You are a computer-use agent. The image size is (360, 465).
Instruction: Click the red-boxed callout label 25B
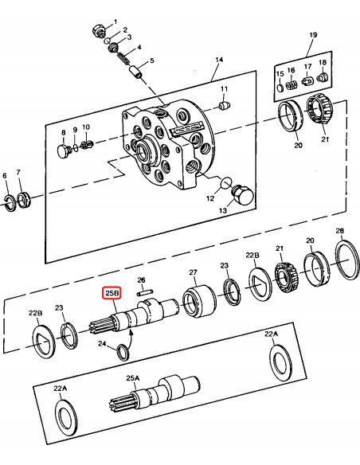112,293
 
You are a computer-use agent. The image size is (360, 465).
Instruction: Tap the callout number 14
219,60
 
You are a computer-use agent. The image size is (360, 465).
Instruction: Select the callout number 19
313,35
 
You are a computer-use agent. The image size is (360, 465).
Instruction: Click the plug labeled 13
242,195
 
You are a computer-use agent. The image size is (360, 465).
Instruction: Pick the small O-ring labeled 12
226,182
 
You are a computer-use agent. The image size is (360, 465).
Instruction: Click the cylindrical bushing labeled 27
199,301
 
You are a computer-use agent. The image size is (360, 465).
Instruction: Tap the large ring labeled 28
347,260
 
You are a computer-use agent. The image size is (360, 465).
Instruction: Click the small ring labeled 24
123,352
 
